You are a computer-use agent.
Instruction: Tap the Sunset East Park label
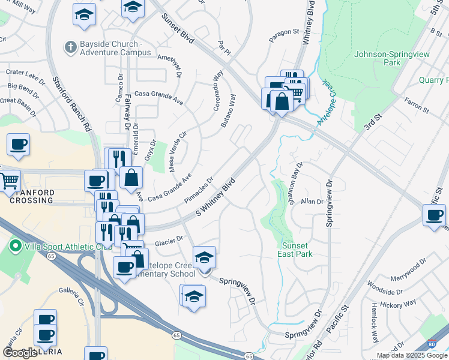(x=295, y=250)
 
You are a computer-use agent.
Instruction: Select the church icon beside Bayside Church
(x=70, y=46)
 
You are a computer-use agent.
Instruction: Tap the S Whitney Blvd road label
(x=214, y=201)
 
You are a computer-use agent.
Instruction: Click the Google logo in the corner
(x=20, y=353)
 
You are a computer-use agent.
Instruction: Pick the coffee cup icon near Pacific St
(x=434, y=215)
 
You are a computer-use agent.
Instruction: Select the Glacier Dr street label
(x=169, y=241)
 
